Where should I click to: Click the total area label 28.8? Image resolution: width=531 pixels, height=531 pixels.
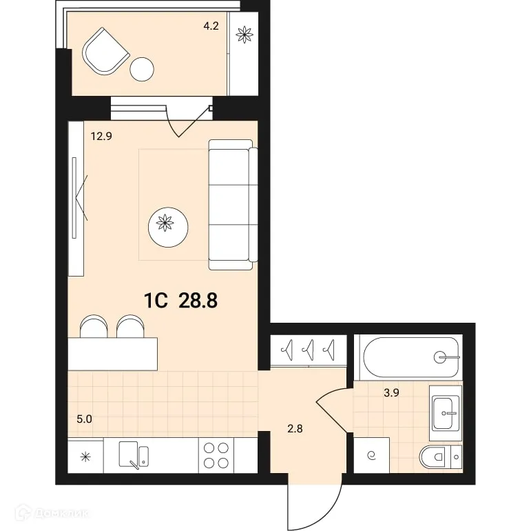pos(198,300)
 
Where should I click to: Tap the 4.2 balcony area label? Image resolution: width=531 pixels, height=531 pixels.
pos(211,28)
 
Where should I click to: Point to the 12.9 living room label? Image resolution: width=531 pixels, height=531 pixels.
pos(101,136)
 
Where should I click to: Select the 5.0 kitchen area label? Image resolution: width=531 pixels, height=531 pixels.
pos(83,418)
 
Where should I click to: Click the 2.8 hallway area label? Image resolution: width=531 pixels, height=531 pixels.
pos(295,428)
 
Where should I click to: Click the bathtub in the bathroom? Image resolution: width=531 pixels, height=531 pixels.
pos(407,357)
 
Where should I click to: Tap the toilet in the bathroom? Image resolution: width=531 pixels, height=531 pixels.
pos(441,456)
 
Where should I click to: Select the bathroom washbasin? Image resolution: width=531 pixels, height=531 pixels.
pos(446,413)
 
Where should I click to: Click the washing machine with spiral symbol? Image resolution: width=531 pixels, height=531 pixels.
pos(372,455)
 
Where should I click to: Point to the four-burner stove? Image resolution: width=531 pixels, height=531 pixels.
pos(217,455)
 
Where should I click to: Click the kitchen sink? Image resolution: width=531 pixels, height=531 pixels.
pos(133,455)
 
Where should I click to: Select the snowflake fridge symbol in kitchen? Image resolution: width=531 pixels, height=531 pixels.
pos(85,455)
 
